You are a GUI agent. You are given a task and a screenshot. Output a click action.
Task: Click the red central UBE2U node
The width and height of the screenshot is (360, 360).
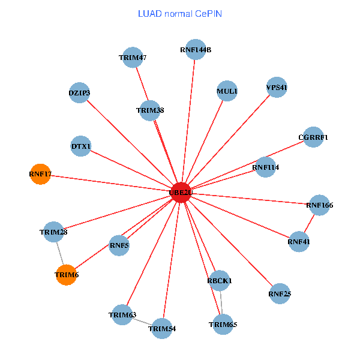click(x=181, y=192)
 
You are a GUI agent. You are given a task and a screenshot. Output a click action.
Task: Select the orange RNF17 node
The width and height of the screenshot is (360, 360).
click(x=40, y=174)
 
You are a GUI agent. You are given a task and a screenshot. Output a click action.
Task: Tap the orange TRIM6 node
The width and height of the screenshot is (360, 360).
click(x=66, y=274)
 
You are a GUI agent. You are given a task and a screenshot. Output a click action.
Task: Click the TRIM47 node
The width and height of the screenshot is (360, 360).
click(x=132, y=58)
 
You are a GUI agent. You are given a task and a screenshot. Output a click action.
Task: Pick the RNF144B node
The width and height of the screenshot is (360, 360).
click(x=196, y=49)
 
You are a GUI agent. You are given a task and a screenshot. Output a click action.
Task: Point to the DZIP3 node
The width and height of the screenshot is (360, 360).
click(x=79, y=93)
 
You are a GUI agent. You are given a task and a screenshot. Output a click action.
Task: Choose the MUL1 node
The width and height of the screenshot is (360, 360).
click(x=227, y=91)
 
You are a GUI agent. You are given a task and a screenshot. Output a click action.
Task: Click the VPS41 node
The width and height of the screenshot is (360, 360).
click(x=277, y=88)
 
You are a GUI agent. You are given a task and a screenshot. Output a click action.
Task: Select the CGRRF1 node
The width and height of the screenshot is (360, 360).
click(x=313, y=137)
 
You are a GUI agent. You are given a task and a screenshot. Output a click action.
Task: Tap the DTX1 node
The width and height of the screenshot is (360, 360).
click(x=81, y=146)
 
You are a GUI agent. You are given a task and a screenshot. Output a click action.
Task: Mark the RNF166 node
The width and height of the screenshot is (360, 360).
click(x=319, y=205)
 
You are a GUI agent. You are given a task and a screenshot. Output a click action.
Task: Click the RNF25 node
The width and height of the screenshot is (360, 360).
click(x=280, y=294)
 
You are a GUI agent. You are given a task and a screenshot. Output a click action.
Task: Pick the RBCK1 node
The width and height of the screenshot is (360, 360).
click(x=220, y=280)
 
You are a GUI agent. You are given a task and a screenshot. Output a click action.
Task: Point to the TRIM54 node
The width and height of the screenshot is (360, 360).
click(x=162, y=328)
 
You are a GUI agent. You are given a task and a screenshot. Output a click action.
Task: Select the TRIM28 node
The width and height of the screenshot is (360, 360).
click(x=53, y=232)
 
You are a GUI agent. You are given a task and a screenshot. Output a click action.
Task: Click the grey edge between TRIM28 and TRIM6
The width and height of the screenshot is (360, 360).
click(x=59, y=253)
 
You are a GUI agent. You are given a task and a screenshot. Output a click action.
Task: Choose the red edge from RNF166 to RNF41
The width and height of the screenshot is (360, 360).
click(x=309, y=223)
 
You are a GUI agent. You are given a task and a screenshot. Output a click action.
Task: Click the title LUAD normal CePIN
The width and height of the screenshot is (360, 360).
click(x=180, y=13)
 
